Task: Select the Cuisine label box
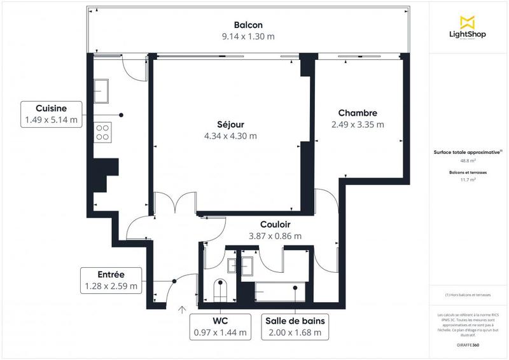[x=52, y=114]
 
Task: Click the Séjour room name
[x=230, y=123]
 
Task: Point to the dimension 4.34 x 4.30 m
[x=230, y=135]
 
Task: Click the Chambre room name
[x=358, y=113]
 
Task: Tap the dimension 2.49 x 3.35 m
[x=358, y=125]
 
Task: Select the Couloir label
[x=275, y=225]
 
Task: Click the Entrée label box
[x=111, y=280]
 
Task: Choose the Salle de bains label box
[x=293, y=326]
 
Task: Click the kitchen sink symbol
[x=102, y=88]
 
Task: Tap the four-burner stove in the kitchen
[x=102, y=132]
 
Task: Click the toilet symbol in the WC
[x=220, y=291]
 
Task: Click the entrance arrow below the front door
[x=183, y=310]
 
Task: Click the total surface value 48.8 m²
[x=468, y=161]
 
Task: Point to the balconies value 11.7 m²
[x=468, y=180]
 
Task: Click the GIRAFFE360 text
[x=468, y=343]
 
